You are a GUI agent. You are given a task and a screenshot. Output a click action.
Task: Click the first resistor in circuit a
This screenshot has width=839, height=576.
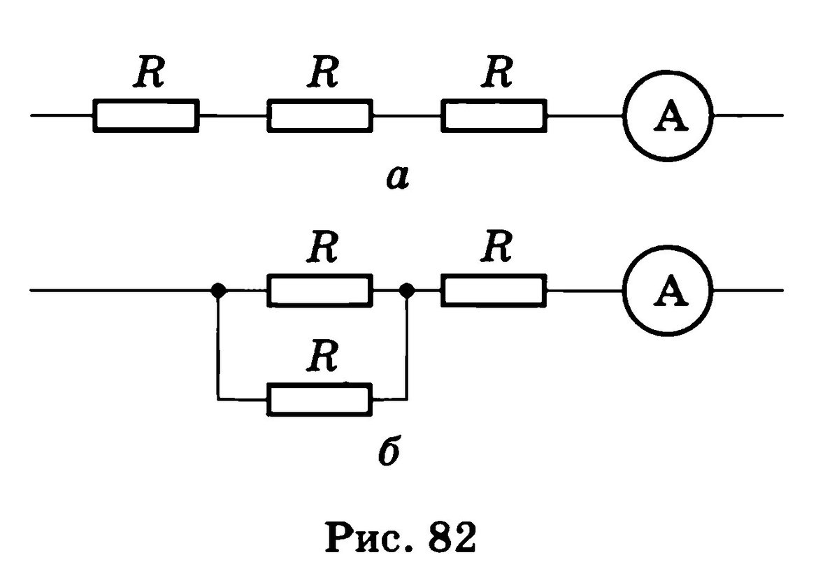point(145,115)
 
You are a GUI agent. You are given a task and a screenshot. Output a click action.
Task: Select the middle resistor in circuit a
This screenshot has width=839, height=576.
point(320,115)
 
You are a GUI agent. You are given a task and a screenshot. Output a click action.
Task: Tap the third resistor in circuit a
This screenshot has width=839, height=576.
point(494,115)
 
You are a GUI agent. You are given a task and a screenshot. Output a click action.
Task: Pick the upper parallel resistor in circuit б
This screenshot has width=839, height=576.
point(320,290)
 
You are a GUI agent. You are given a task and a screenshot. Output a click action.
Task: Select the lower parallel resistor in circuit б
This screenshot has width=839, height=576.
point(320,399)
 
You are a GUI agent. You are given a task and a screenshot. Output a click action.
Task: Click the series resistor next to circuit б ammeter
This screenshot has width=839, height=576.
point(494,290)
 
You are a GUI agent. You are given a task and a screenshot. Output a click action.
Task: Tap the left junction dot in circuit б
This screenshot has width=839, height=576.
point(219,289)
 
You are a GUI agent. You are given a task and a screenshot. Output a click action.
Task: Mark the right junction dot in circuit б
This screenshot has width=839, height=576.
point(406,289)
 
